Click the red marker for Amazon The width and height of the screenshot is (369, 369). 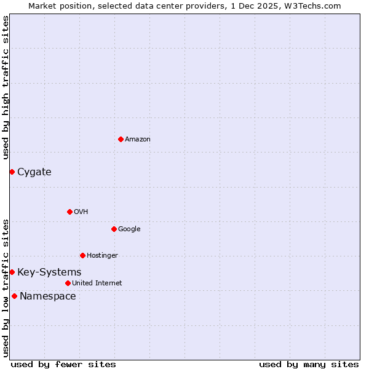[x=121, y=139]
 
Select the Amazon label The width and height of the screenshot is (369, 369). [x=138, y=140]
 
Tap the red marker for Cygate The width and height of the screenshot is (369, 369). [x=12, y=172]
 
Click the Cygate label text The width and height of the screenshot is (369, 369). [x=34, y=172]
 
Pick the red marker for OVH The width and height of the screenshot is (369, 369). [x=69, y=212]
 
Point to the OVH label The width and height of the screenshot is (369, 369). [x=81, y=212]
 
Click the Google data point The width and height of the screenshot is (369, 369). [x=114, y=229]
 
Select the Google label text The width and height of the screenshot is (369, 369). [x=129, y=229]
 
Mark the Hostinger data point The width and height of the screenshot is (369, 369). [x=82, y=255]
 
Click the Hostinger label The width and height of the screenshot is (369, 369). [x=102, y=256]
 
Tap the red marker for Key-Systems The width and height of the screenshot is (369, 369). [x=12, y=272]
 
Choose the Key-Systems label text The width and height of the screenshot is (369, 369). [x=49, y=272]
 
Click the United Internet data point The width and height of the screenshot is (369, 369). [x=68, y=283]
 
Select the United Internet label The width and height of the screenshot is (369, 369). [x=97, y=284]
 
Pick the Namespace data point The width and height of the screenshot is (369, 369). [x=14, y=296]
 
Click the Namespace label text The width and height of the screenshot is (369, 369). [x=48, y=296]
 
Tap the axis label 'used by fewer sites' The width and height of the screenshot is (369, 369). [x=63, y=364]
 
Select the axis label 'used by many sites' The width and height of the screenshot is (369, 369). [x=309, y=364]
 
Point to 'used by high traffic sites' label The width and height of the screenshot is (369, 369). [x=6, y=87]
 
